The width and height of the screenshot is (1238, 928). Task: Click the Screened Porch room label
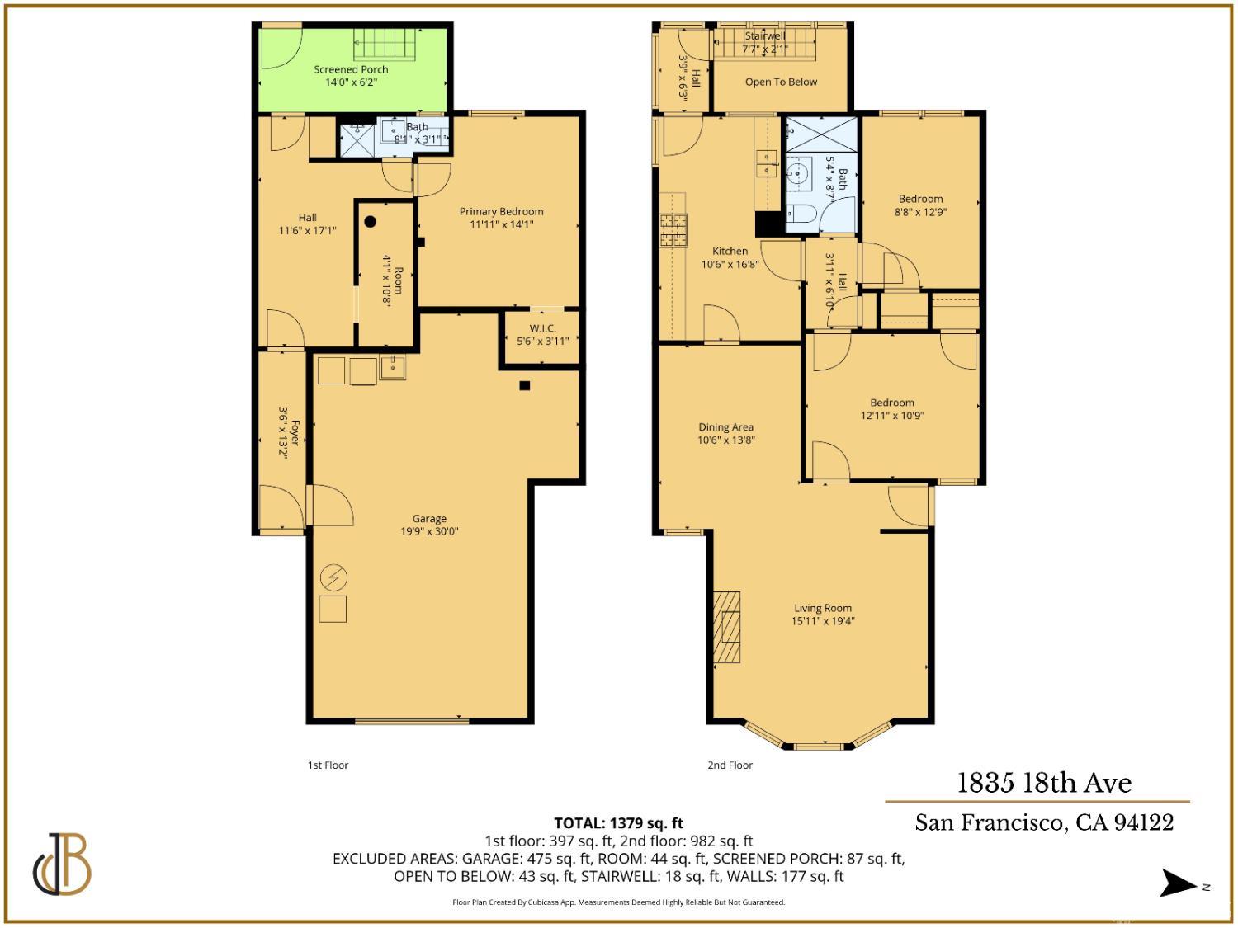[x=351, y=70]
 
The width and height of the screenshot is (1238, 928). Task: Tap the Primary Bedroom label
[x=501, y=212]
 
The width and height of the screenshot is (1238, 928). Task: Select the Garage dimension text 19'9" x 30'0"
[x=429, y=532]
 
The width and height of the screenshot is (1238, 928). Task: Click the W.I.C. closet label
[x=542, y=328]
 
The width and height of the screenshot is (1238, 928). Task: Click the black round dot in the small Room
[x=371, y=221]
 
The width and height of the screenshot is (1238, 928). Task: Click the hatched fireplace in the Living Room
[x=727, y=627]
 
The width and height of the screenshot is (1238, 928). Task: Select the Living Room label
[x=823, y=609]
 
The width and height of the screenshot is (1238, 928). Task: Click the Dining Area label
[x=725, y=427]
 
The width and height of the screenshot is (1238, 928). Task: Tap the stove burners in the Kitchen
[x=673, y=230]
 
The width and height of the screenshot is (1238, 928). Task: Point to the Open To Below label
[x=781, y=82]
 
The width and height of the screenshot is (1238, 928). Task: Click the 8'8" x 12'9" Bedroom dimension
[x=920, y=212]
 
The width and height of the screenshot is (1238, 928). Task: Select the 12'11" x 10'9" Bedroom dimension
[x=892, y=416]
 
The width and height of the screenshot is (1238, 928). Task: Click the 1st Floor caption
[x=328, y=765]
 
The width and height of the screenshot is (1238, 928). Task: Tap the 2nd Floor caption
[x=730, y=765]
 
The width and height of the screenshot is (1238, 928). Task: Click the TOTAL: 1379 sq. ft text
[x=618, y=823]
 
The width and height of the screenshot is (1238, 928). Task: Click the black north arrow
[x=1179, y=883]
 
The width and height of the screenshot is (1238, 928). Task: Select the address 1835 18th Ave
[x=1044, y=783]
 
